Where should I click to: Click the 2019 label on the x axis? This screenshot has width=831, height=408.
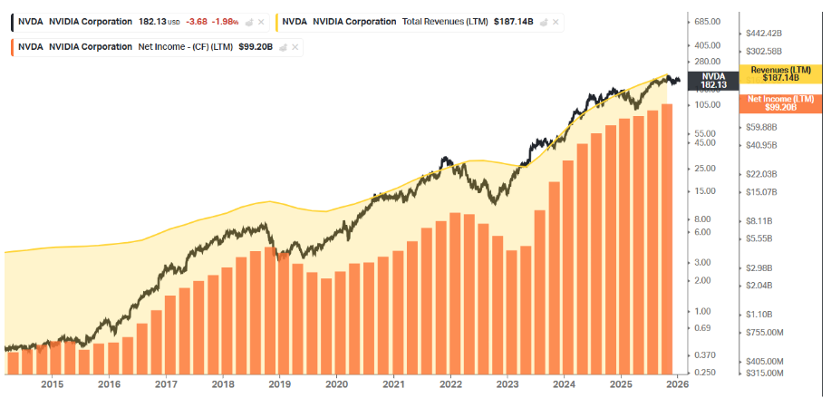(x=280, y=384)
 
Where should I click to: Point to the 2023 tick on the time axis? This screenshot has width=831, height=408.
(x=507, y=384)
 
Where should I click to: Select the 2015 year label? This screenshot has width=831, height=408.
(x=53, y=384)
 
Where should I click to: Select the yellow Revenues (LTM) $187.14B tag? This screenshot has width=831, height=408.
(x=780, y=74)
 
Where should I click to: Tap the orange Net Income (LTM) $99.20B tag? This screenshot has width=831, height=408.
(x=780, y=102)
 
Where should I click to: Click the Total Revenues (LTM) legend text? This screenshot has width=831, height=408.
(x=445, y=21)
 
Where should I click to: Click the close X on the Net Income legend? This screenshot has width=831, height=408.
(x=295, y=46)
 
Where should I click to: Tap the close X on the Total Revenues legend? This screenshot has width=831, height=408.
(x=556, y=21)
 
